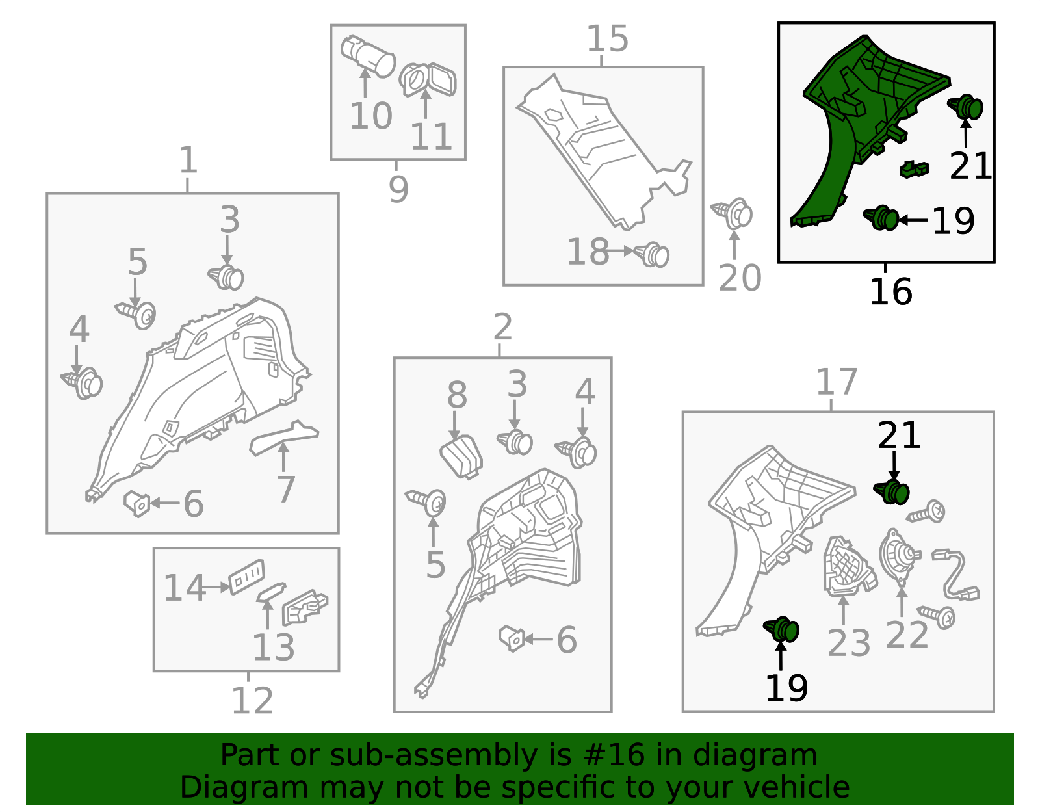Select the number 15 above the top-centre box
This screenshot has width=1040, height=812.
point(607,39)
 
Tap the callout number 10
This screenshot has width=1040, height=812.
point(371,116)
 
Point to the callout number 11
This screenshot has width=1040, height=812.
point(431,137)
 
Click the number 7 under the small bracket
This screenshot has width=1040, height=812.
point(286,490)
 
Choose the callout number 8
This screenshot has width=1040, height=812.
point(457,395)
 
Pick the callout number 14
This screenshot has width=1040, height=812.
point(185,588)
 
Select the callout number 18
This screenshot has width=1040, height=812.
point(588,252)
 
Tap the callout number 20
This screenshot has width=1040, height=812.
point(740,278)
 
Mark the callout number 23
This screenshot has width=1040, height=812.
point(848,644)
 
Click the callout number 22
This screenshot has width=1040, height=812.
point(907,635)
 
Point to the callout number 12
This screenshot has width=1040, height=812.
point(252,701)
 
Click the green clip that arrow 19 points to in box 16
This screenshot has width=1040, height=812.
point(881,218)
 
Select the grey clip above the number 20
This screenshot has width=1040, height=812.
point(733,213)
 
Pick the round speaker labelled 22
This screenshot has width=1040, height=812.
point(900,556)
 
